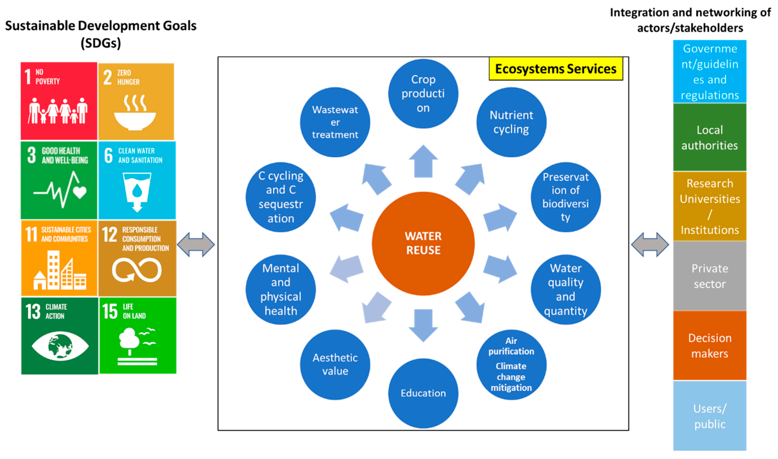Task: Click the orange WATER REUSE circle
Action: click(423, 243)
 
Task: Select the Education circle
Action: click(423, 393)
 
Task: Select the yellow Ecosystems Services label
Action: click(555, 69)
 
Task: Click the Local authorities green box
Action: click(709, 137)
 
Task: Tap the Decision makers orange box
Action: click(709, 345)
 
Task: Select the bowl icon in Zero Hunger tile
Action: click(135, 119)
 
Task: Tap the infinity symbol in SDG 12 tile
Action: click(137, 270)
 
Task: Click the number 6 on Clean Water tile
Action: click(108, 155)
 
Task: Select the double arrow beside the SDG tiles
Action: click(196, 244)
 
